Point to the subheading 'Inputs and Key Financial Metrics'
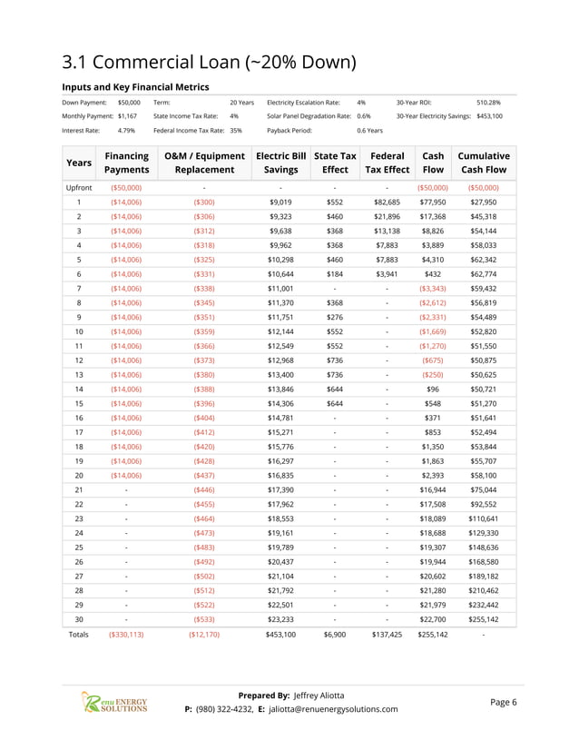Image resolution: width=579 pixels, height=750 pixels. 135,87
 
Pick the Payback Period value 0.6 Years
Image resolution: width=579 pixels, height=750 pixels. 369,131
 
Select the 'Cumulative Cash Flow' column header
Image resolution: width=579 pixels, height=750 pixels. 484,163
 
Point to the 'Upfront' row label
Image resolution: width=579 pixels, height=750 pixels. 79,187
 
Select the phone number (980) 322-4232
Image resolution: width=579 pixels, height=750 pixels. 221,709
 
